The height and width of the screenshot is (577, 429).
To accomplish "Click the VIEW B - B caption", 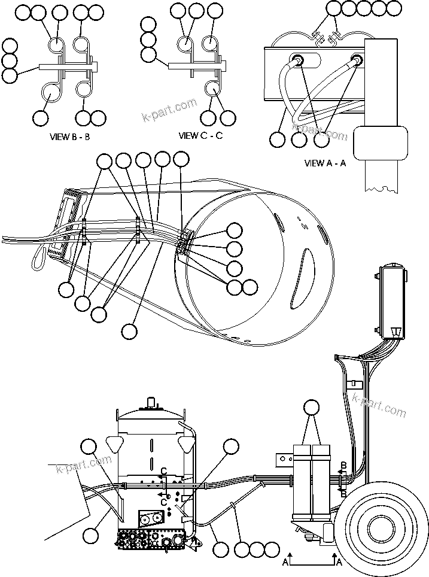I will (x=70, y=136).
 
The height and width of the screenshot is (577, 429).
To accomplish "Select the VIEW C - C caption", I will (x=200, y=135).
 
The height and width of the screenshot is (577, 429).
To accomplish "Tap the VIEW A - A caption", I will (x=325, y=163).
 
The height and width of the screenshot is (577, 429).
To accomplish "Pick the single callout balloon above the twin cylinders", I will (x=312, y=409).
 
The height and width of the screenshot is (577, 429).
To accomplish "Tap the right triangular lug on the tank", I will (x=187, y=444).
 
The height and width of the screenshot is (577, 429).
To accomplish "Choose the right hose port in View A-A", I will (x=357, y=59).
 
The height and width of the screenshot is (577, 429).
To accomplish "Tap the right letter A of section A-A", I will (x=339, y=562).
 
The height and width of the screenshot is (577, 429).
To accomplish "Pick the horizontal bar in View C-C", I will (x=194, y=65).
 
